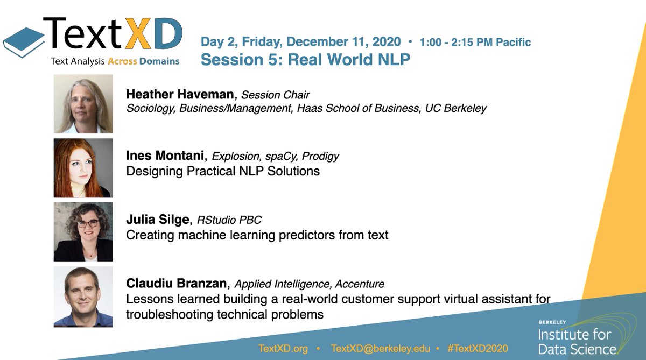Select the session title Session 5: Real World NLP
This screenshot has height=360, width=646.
[x=305, y=59]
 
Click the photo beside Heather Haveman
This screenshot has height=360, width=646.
[x=83, y=104]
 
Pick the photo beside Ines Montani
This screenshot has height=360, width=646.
[x=83, y=168]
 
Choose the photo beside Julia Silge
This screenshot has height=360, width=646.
[x=83, y=232]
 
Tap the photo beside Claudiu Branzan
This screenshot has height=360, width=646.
[x=83, y=297]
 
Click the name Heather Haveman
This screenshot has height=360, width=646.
[x=180, y=95]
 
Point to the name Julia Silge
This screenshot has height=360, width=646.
[x=160, y=220]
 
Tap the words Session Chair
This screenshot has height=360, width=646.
[x=276, y=95]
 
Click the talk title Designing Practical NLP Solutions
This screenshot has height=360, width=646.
[x=223, y=172]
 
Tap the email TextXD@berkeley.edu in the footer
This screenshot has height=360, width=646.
[x=381, y=349]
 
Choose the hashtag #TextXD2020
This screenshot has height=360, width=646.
[x=478, y=349]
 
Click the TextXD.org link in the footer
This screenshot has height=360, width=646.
[x=283, y=349]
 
